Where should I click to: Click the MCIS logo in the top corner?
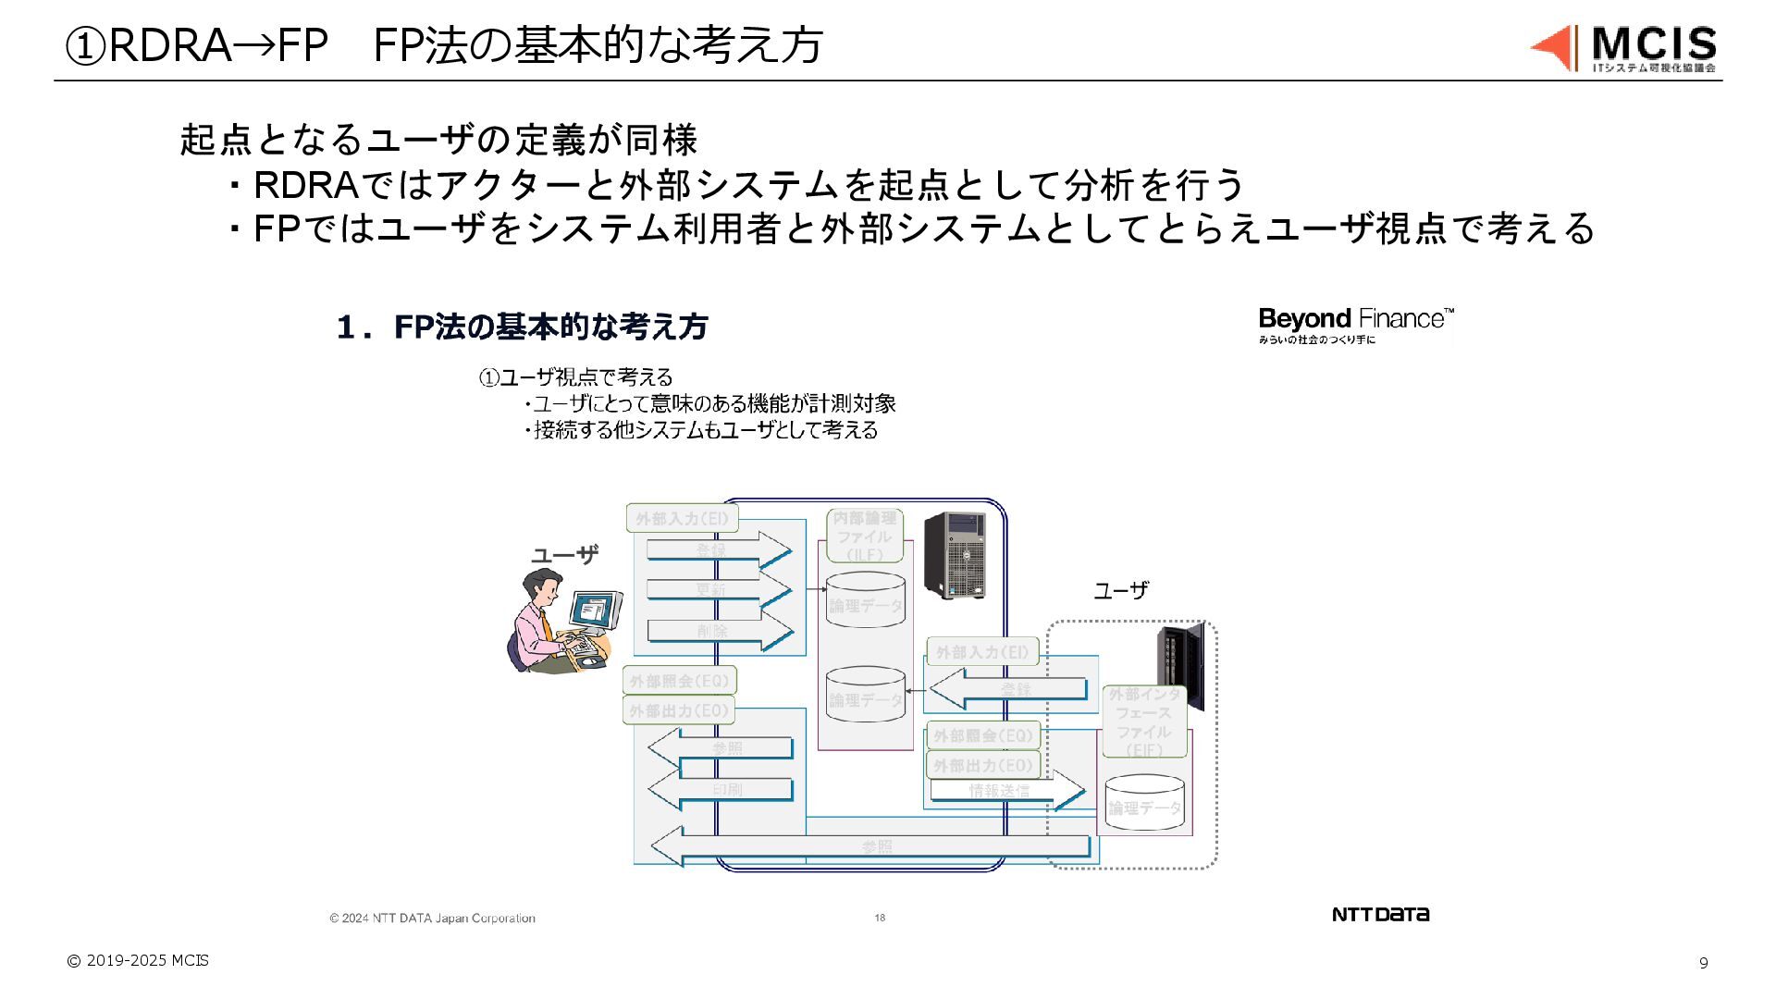click(1624, 48)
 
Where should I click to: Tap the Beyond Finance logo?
click(1355, 326)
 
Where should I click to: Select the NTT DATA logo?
click(1380, 914)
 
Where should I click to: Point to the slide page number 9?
click(1703, 963)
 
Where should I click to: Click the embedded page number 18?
click(880, 918)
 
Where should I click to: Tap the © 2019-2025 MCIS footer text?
click(138, 960)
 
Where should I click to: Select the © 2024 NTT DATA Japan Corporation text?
click(432, 918)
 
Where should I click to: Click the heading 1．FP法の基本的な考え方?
click(523, 327)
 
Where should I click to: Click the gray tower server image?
click(954, 554)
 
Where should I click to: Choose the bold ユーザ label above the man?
click(564, 555)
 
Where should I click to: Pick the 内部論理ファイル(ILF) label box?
click(864, 536)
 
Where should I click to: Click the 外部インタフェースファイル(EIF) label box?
click(1144, 721)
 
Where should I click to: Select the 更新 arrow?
click(718, 589)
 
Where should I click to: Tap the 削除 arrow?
click(719, 631)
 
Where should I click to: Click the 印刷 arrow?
click(721, 789)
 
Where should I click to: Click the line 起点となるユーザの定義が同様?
click(438, 140)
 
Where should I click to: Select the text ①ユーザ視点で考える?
click(575, 377)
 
